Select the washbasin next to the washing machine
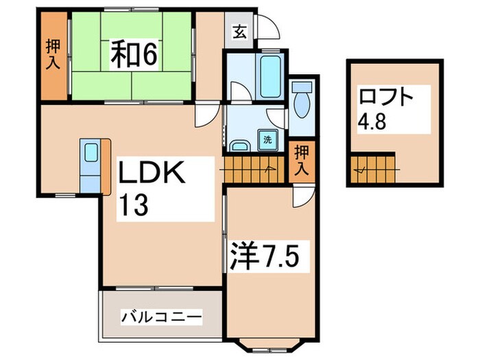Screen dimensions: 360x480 click(239, 145)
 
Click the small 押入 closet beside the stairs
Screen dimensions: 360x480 click(300, 163)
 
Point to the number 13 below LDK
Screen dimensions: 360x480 click(133, 206)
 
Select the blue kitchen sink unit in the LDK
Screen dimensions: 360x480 click(91, 165)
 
